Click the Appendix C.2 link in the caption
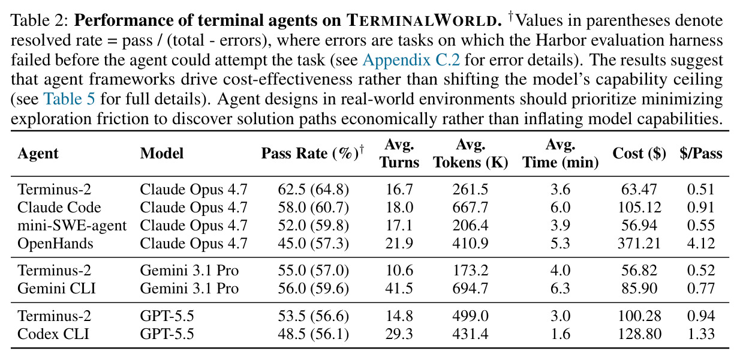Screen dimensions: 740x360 click(411, 60)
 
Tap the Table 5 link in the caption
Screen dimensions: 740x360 click(70, 99)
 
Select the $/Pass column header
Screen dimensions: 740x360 click(701, 154)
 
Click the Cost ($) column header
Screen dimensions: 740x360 click(639, 154)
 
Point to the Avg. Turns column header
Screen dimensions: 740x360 click(399, 154)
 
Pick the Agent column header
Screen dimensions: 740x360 click(38, 154)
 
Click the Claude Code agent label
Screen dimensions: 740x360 click(59, 208)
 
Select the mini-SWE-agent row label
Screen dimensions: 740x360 click(72, 226)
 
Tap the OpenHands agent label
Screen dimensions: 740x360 click(55, 244)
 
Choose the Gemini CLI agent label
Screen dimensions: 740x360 click(56, 288)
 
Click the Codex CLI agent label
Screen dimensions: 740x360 click(53, 334)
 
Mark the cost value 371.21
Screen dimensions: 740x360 click(639, 244)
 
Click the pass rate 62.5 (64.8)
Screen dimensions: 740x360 click(313, 190)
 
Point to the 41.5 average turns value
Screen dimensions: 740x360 click(399, 288)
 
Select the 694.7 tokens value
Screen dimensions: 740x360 click(470, 288)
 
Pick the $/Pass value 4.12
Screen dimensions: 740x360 click(701, 244)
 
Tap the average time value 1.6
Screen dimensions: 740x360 click(560, 334)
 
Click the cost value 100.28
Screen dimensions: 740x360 click(639, 316)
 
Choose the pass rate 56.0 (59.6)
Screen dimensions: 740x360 click(313, 289)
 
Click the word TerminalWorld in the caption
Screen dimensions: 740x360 click(422, 20)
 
